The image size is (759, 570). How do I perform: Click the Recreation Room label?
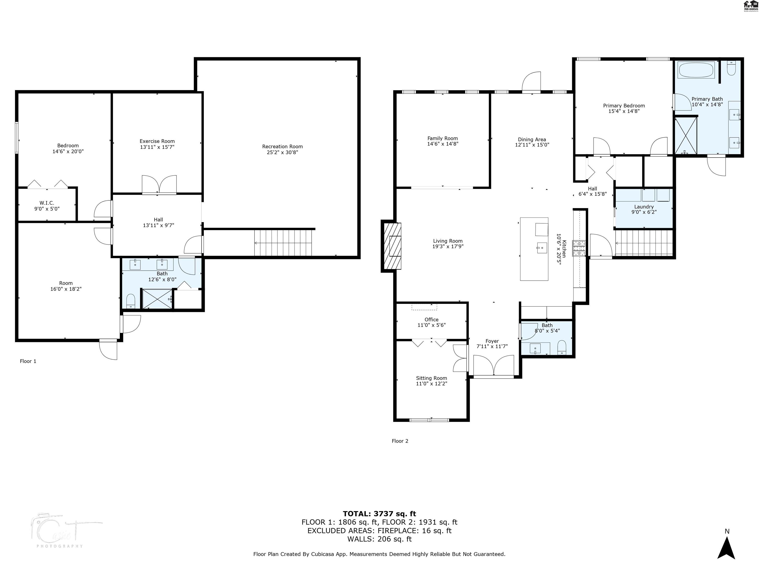click(282, 146)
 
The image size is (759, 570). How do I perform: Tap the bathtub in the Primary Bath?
click(696, 70)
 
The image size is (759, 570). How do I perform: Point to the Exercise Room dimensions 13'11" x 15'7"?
click(157, 147)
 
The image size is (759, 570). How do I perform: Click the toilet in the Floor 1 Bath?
click(131, 301)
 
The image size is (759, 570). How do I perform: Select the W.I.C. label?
click(47, 203)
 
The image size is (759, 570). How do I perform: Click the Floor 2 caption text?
click(400, 441)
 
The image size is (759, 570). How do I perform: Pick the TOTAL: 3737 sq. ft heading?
click(379, 514)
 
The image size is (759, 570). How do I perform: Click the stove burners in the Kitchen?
click(579, 248)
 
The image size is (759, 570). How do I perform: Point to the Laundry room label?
click(644, 207)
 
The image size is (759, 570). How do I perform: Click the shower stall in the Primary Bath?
click(686, 135)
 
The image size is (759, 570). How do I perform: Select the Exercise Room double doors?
click(159, 185)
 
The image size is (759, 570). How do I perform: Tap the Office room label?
click(431, 320)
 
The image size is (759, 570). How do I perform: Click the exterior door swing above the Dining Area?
click(531, 82)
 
